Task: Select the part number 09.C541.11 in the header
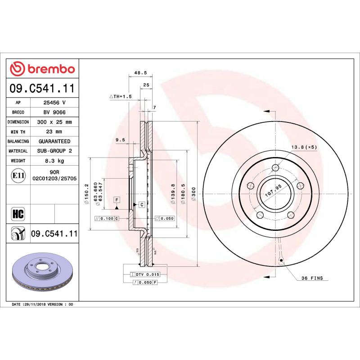tap(42, 89)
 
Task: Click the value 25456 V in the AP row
tap(54, 103)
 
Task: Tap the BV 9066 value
tap(54, 112)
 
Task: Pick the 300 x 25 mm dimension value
tap(54, 122)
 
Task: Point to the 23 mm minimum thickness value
tap(54, 131)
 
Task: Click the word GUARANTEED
tap(54, 141)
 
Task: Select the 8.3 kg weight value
tap(54, 161)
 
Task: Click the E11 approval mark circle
tap(18, 175)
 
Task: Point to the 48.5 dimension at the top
tap(140, 72)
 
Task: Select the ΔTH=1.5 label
tap(120, 96)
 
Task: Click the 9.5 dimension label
tap(120, 140)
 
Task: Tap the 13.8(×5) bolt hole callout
tap(304, 147)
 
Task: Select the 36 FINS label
tap(312, 279)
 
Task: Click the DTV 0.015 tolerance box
tap(148, 274)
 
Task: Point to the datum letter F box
tap(117, 199)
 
